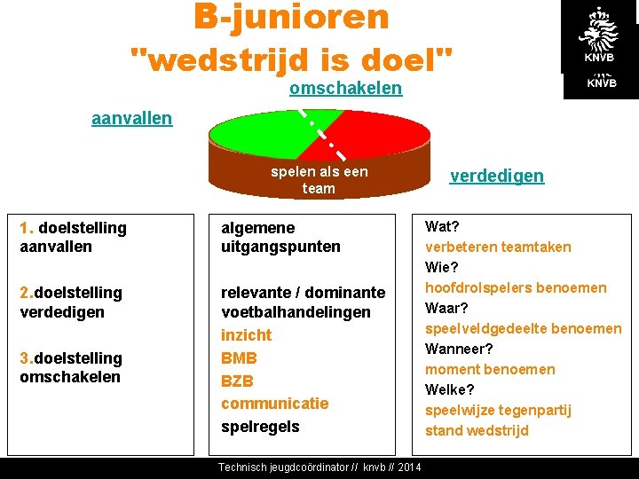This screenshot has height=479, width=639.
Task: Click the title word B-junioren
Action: pos(291,17)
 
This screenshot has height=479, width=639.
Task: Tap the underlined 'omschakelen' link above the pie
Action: pos(345,89)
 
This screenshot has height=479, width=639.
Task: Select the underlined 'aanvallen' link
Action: pos(131,118)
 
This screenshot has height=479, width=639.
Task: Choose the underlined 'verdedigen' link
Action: pos(496,176)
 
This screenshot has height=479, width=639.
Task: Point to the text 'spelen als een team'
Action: pos(319,180)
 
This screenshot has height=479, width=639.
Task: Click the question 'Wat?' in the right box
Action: pos(442,227)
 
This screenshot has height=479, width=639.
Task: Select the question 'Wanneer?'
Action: pos(459,349)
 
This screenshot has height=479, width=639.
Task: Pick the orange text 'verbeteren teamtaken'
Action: pos(498,247)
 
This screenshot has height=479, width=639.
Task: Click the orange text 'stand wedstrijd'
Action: pos(477,431)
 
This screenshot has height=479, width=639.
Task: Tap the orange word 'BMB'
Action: pos(239,358)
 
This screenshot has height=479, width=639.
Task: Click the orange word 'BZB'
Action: pos(238,381)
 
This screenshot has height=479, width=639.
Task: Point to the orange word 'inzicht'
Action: pos(247,335)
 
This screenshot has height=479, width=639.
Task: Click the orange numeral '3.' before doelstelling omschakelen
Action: pos(26,358)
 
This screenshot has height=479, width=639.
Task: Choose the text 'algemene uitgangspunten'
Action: pos(280,238)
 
